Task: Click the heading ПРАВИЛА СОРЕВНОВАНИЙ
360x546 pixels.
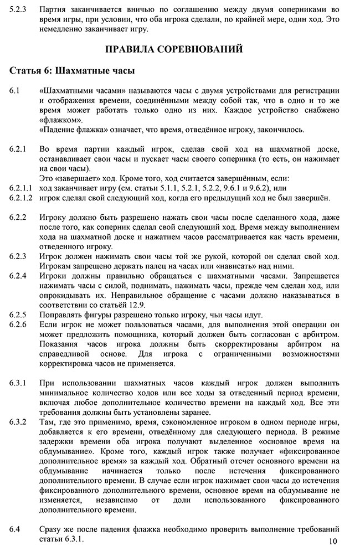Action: pos(174,49)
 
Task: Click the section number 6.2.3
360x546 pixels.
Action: pos(19,256)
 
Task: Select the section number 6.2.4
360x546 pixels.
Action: pos(19,276)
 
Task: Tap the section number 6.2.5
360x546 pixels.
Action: pos(19,315)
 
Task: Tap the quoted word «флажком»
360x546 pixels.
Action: pos(60,120)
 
